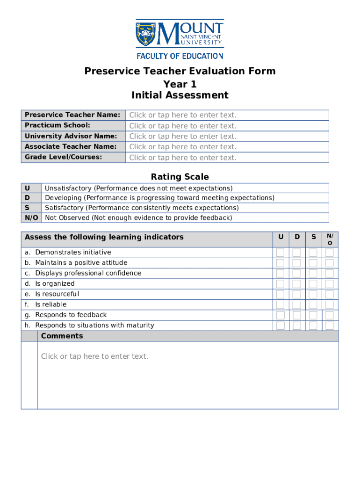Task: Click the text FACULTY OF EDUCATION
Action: (180, 56)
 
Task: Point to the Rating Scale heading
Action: (180, 177)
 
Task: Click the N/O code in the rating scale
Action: (31, 218)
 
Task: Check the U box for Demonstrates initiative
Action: (280, 253)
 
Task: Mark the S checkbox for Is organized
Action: (313, 284)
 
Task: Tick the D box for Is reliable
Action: (296, 305)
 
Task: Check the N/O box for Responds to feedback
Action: (330, 315)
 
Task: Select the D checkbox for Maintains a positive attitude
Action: (296, 263)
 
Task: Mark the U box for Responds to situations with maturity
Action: (280, 326)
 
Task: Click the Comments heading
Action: (62, 336)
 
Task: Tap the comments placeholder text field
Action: (94, 356)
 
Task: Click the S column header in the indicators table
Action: (313, 237)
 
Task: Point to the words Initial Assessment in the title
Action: (180, 95)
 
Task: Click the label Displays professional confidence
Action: (88, 273)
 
